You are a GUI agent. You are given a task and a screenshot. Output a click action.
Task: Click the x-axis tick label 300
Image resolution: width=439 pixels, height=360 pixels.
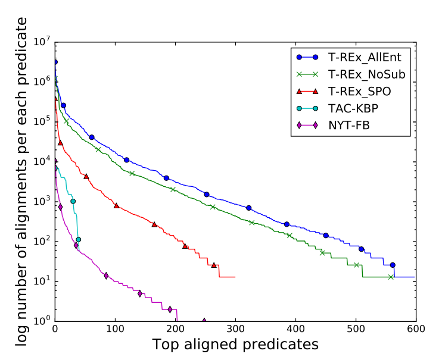pyautogui.click(x=236, y=328)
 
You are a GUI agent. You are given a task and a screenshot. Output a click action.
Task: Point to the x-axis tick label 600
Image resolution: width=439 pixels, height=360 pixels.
pyautogui.click(x=415, y=328)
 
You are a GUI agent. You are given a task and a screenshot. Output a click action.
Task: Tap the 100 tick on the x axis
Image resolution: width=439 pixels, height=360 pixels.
pyautogui.click(x=116, y=328)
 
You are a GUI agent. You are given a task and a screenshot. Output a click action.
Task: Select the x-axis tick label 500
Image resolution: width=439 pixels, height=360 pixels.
pyautogui.click(x=356, y=328)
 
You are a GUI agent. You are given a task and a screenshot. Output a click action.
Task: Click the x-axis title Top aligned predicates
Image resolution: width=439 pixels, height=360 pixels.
pyautogui.click(x=235, y=345)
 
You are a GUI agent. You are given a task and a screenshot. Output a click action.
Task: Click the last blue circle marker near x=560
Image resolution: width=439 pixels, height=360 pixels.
pyautogui.click(x=393, y=265)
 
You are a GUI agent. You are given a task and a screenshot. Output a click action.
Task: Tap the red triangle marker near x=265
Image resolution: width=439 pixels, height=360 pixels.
pyautogui.click(x=214, y=265)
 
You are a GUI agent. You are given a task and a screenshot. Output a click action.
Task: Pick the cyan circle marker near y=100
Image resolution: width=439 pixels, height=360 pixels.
pyautogui.click(x=78, y=240)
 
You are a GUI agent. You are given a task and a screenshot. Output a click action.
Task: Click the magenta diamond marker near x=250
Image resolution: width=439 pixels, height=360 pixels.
pyautogui.click(x=204, y=321)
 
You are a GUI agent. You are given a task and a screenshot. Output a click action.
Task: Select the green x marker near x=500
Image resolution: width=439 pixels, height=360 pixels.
pyautogui.click(x=357, y=265)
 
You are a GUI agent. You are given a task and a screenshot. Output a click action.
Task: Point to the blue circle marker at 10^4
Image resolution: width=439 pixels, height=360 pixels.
pyautogui.click(x=126, y=160)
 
